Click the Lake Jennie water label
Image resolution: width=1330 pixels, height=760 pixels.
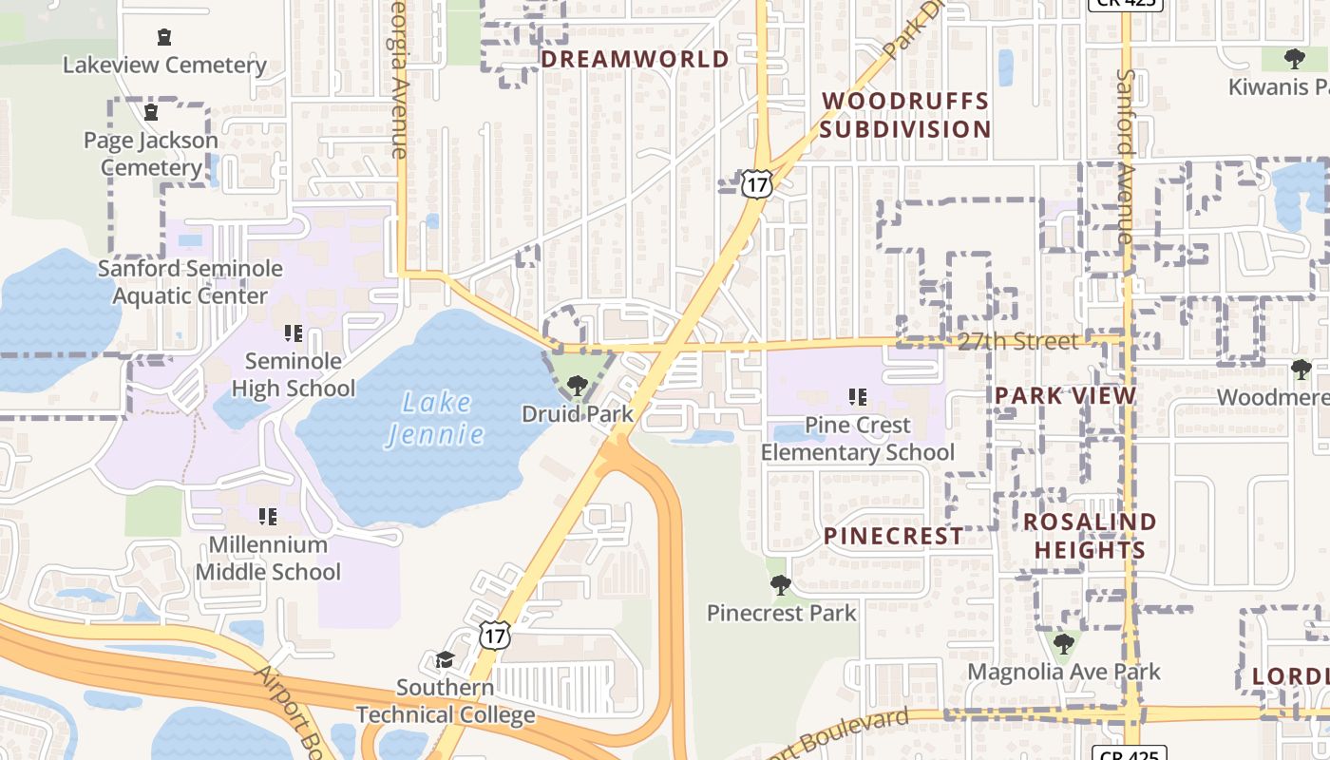(435, 418)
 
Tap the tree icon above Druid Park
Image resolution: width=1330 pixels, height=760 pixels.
(577, 385)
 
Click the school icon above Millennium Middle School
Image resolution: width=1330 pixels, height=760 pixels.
(268, 516)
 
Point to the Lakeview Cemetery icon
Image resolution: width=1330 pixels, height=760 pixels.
(164, 37)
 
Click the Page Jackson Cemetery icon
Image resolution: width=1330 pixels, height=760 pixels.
(150, 112)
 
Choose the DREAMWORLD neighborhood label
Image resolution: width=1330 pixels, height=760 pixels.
(635, 59)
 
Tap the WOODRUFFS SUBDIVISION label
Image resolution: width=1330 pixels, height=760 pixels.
(904, 115)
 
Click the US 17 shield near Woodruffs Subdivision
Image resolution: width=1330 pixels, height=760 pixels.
(756, 184)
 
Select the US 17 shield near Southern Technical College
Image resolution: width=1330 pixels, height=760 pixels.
(494, 635)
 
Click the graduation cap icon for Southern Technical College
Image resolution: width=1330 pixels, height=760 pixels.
(445, 659)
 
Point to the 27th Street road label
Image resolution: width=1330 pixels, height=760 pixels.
(1017, 341)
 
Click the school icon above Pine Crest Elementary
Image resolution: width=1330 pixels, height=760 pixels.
(858, 396)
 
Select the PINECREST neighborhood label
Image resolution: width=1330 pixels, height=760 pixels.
(893, 536)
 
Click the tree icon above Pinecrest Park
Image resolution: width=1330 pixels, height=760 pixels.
(781, 584)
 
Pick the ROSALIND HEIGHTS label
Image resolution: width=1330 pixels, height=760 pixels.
(1090, 536)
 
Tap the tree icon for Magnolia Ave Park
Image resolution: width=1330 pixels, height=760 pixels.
(1063, 644)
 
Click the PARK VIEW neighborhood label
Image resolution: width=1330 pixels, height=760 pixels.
(1065, 396)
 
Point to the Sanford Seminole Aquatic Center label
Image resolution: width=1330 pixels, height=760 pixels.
(190, 282)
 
